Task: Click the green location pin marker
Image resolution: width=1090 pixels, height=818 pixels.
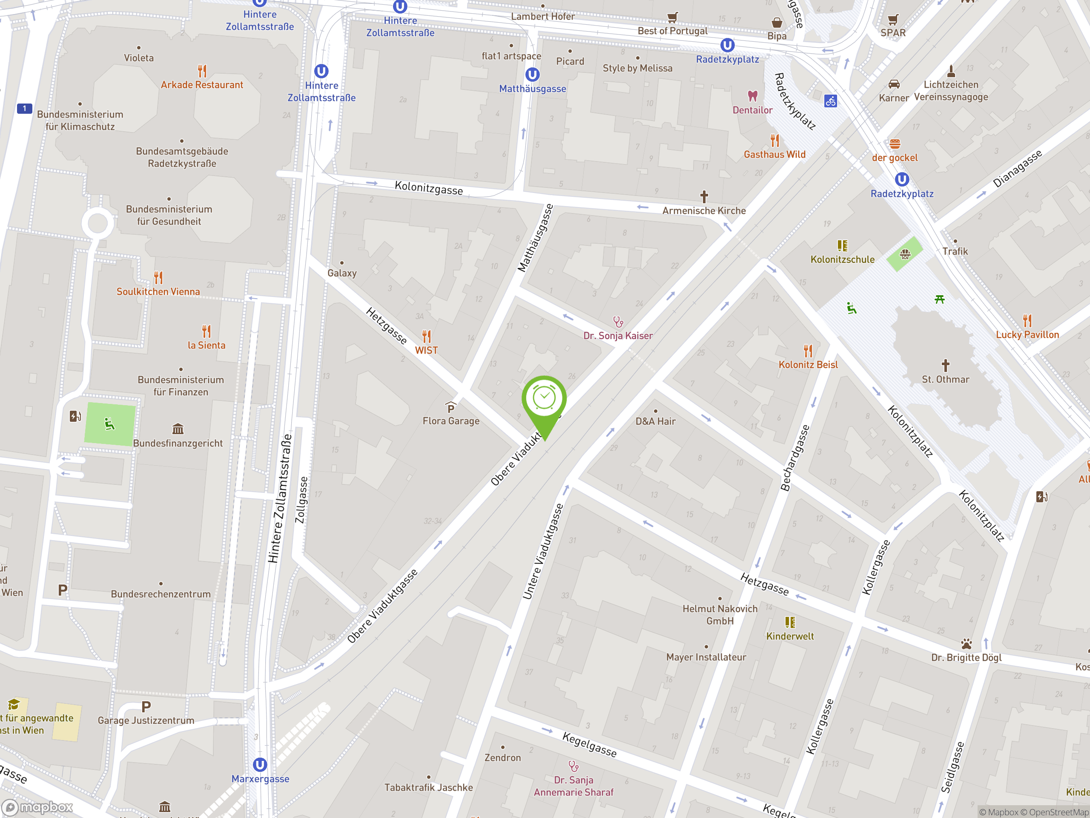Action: point(544,398)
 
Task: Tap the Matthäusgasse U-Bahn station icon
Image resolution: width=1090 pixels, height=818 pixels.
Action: point(532,75)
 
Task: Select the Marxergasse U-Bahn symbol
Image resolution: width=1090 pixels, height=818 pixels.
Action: point(260,765)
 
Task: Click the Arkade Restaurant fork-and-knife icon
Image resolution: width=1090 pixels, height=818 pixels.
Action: point(202,71)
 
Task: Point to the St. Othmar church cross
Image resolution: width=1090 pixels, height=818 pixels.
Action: point(945,366)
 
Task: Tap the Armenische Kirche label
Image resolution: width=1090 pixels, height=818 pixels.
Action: point(704,210)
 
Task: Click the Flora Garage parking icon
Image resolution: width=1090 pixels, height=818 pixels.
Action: point(450,407)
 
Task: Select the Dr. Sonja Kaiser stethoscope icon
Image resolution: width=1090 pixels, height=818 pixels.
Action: point(618,322)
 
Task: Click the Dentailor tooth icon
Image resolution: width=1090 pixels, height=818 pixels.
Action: point(752,96)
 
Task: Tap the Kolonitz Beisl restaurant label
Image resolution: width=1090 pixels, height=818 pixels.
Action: point(808,365)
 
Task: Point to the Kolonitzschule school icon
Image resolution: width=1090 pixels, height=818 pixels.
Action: point(843,245)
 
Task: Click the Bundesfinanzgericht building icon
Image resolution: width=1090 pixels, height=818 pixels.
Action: point(178,429)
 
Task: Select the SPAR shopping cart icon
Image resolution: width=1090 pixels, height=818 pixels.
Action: point(893,20)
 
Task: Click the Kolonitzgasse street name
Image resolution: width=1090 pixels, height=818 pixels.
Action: point(429,188)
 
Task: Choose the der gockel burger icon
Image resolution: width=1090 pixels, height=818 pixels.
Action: point(895,144)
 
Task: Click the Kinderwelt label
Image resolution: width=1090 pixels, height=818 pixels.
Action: point(790,636)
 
